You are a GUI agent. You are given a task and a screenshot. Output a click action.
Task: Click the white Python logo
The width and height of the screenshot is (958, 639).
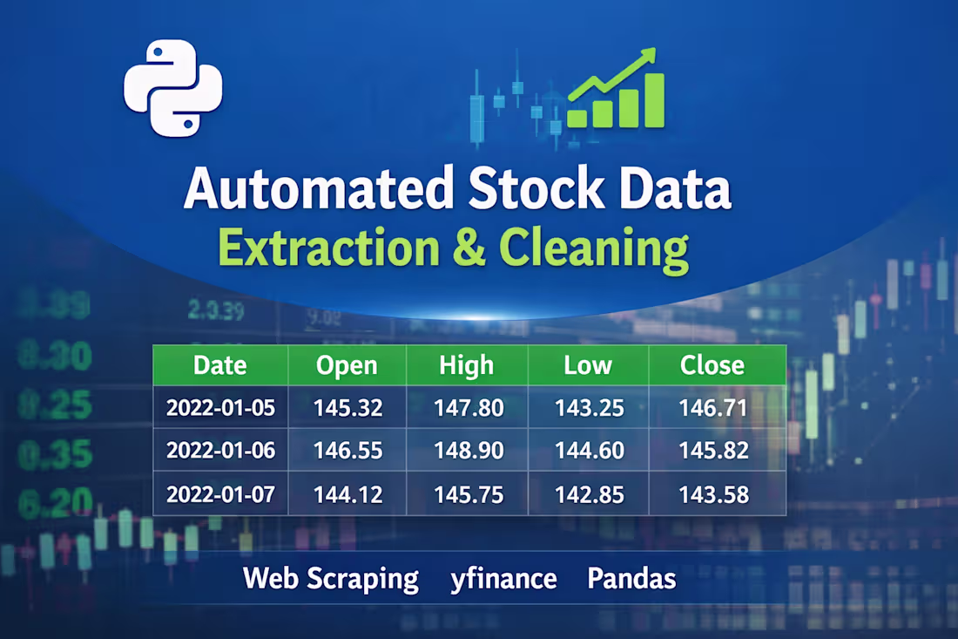(172, 89)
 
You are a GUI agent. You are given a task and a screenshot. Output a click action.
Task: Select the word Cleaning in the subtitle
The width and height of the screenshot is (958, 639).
(593, 248)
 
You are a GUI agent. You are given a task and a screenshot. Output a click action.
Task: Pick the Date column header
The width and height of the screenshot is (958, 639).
(219, 365)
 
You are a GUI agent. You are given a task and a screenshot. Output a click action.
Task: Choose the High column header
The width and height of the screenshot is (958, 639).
(467, 365)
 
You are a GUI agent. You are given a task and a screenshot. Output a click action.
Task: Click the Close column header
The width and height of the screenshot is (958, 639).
(712, 365)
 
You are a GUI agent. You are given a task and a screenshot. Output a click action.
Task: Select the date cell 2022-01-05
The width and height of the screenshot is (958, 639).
(220, 407)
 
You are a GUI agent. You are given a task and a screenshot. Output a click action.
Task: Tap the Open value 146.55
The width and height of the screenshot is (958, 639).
(347, 451)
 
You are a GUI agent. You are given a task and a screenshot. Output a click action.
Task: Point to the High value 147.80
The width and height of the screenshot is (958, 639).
(468, 407)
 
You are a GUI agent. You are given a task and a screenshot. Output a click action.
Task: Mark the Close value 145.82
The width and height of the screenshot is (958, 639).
(713, 451)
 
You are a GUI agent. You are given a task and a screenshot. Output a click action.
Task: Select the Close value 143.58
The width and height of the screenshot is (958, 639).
(713, 494)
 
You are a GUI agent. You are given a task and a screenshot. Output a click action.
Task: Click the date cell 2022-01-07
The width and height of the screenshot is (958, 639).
(220, 494)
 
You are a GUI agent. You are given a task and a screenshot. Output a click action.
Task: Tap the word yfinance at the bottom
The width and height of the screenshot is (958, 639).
(503, 578)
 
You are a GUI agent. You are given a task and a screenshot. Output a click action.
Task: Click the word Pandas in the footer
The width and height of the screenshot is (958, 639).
(631, 578)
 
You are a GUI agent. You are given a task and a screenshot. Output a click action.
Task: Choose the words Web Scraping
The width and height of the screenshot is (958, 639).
(331, 578)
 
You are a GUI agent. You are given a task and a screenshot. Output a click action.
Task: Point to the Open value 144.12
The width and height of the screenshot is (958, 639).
(347, 494)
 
